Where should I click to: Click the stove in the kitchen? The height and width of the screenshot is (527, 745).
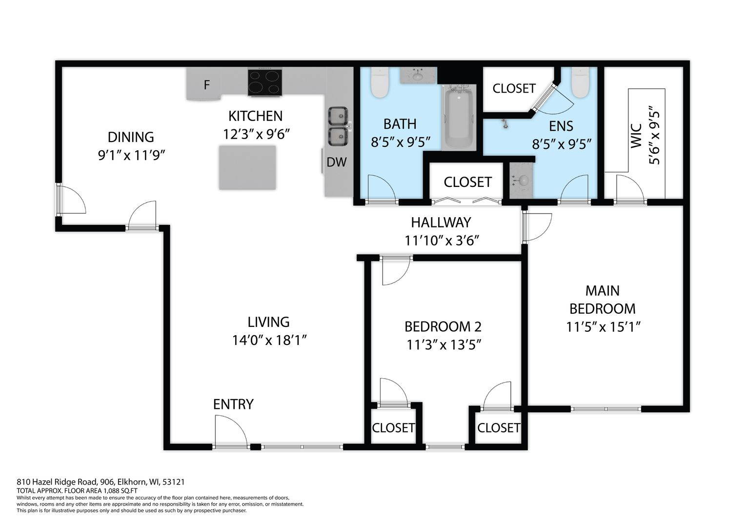coord(265,82)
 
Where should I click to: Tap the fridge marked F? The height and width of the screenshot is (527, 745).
coord(203,83)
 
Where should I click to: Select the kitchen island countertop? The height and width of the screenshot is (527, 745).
coord(247,167)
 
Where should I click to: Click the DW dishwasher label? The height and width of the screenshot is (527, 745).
coord(337,162)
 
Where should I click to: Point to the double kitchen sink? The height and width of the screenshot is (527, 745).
coord(338,126)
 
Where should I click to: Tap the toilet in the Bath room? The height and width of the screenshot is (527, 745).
coord(380,82)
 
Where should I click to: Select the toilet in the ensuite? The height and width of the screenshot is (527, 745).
coord(581,82)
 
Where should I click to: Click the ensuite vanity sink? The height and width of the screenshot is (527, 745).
coord(521,181)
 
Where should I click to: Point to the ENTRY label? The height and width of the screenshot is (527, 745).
coord(233,404)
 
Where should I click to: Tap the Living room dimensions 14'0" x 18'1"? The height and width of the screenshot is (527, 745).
coord(269,341)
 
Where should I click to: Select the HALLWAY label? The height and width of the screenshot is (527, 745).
coord(441,223)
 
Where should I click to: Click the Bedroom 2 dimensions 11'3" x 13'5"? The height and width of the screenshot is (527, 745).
coord(443,345)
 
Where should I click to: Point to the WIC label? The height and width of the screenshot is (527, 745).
coord(636,136)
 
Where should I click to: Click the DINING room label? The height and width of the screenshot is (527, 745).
coord(131,137)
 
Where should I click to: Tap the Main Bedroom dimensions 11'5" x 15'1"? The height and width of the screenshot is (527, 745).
coord(603,327)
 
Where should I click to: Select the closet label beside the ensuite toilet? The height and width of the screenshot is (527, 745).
coord(514,88)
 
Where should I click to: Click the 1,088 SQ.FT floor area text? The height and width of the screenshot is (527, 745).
coord(121,490)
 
